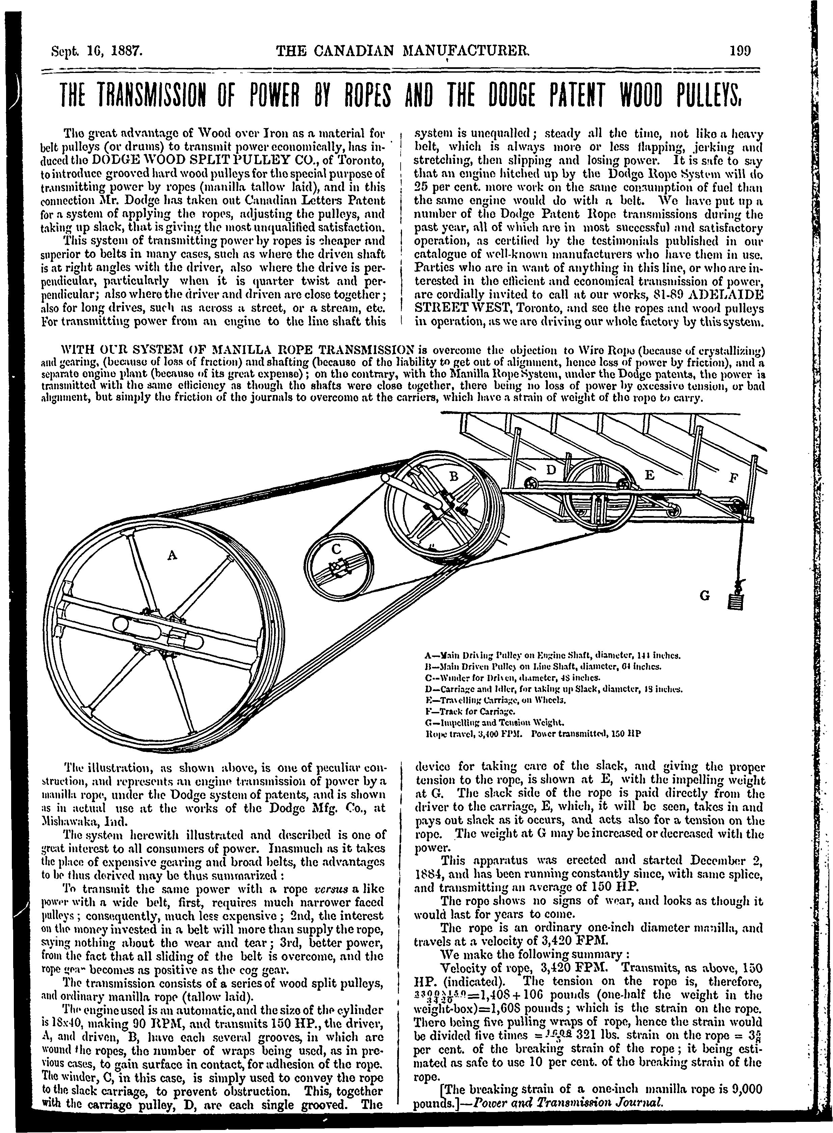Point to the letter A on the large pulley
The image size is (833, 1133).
pos(172,556)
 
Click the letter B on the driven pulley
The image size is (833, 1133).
pos(453,476)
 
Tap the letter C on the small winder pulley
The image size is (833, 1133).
pos(337,548)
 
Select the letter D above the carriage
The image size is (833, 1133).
pos(551,470)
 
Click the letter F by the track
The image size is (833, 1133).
pos(733,477)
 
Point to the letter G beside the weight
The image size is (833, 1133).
pos(704,596)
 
